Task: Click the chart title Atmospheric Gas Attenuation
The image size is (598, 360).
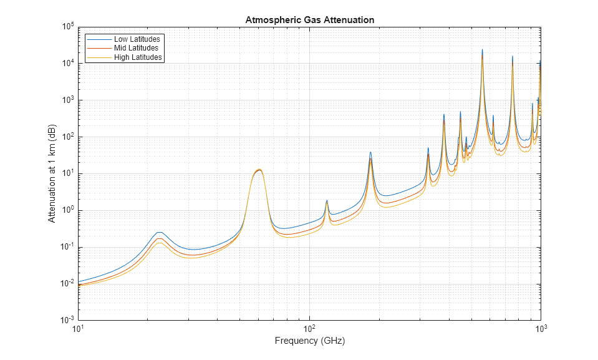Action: click(309, 20)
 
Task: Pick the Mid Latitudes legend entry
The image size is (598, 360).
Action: click(136, 48)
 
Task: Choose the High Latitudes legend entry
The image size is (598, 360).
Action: click(138, 57)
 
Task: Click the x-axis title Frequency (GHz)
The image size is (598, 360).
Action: click(309, 341)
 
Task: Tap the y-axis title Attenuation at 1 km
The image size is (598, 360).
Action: click(52, 173)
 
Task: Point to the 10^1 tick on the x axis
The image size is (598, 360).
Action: click(77, 328)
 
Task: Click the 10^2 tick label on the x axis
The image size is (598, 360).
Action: click(309, 328)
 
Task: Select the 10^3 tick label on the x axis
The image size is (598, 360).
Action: click(540, 328)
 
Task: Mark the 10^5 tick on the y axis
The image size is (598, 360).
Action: click(67, 27)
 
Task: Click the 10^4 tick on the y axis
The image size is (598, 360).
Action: click(67, 64)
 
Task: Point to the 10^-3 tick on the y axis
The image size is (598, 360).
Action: click(67, 320)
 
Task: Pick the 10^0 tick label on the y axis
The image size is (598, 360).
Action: click(67, 210)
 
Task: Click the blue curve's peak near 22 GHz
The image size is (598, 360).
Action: click(160, 232)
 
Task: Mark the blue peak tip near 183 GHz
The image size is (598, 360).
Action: click(370, 152)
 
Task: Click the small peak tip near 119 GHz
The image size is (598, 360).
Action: click(327, 200)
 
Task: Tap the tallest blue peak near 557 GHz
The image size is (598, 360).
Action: click(482, 49)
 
